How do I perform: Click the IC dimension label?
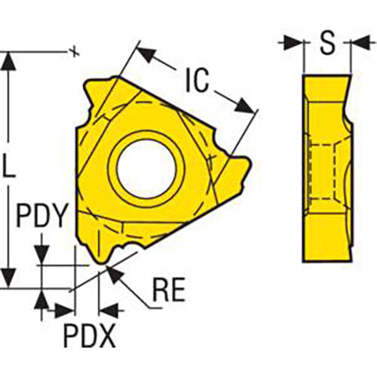(x=198, y=79)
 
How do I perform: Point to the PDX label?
(x=90, y=334)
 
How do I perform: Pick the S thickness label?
(x=326, y=44)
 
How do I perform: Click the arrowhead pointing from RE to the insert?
(x=112, y=272)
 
